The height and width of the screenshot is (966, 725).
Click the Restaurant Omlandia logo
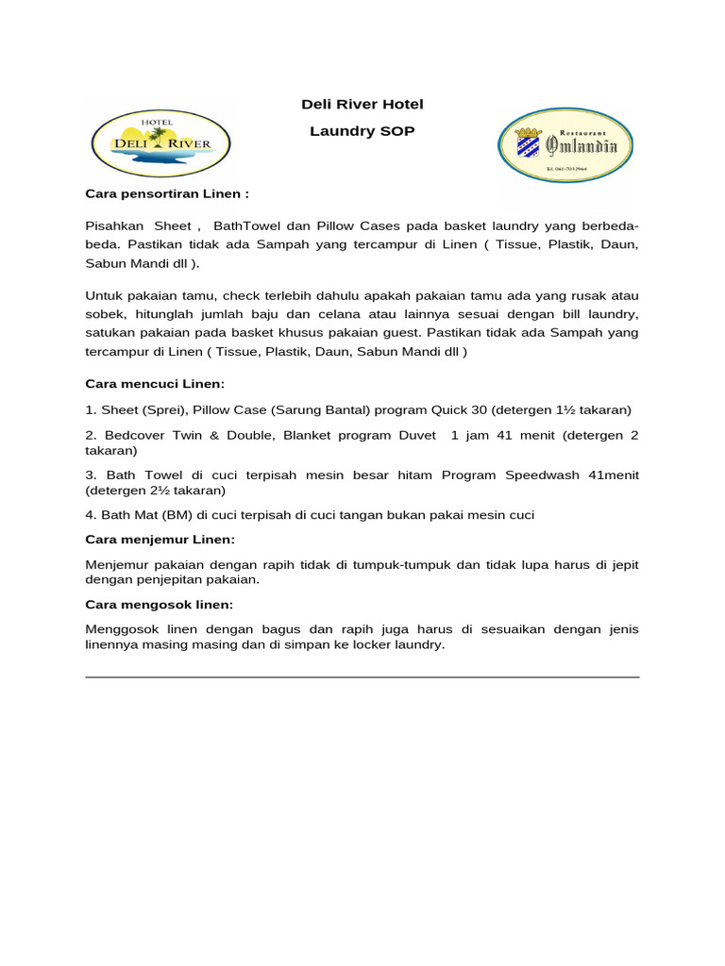click(x=565, y=144)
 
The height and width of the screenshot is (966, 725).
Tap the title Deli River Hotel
click(x=362, y=105)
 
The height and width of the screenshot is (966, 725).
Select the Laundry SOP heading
click(x=362, y=131)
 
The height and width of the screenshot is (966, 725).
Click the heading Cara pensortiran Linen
click(x=167, y=194)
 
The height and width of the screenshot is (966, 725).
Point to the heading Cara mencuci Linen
click(x=156, y=384)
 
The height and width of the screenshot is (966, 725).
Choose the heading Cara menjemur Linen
click(x=160, y=539)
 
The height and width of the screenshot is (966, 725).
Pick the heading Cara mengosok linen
click(x=159, y=604)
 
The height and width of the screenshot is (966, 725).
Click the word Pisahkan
click(x=115, y=226)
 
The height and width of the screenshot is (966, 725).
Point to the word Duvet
click(x=418, y=435)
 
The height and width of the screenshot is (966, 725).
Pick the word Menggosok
click(x=119, y=629)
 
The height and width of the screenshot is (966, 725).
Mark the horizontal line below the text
click(x=362, y=676)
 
